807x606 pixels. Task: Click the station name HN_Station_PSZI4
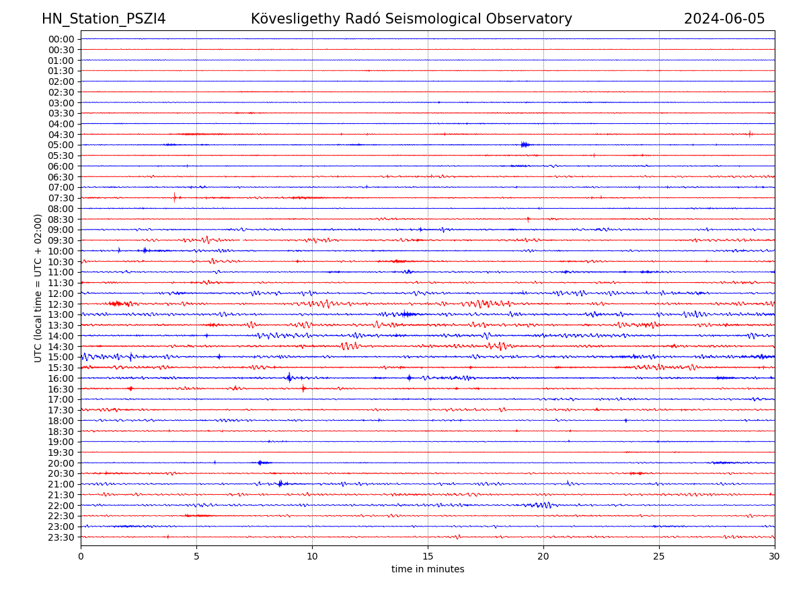(x=104, y=19)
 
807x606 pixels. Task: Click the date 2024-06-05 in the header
(x=724, y=19)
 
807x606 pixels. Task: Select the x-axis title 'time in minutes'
(x=428, y=570)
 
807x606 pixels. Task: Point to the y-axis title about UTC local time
(x=38, y=288)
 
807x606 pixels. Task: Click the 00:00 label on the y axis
(x=61, y=39)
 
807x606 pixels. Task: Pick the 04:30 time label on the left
(x=61, y=135)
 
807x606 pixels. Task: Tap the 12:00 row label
(x=61, y=294)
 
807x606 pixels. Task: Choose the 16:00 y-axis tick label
(x=61, y=378)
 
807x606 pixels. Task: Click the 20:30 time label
(x=61, y=474)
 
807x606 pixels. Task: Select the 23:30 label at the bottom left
(x=61, y=537)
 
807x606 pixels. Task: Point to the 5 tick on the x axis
(x=196, y=556)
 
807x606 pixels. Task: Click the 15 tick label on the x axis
(x=428, y=556)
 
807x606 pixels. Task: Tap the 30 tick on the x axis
(x=775, y=556)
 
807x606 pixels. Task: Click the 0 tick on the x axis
(x=81, y=556)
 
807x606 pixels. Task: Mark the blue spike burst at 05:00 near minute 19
(x=525, y=144)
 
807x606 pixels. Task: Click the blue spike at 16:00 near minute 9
(x=289, y=377)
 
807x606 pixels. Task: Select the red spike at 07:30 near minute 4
(x=174, y=197)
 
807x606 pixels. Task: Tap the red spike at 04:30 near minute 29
(x=750, y=133)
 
